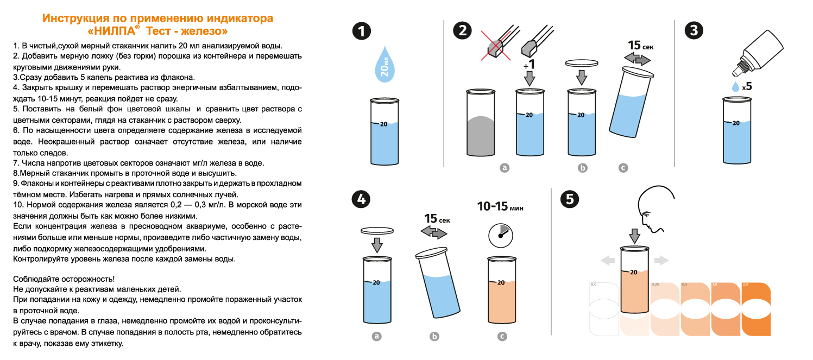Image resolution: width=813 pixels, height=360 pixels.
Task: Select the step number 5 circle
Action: pyautogui.click(x=569, y=199)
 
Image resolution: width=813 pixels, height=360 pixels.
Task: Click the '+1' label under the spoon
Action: pyautogui.click(x=528, y=64)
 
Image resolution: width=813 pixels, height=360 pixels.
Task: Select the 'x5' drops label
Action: pyautogui.click(x=747, y=86)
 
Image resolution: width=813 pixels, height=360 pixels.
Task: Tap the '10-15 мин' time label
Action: pyautogui.click(x=500, y=207)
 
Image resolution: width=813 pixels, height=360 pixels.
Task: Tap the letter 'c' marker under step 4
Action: pyautogui.click(x=502, y=337)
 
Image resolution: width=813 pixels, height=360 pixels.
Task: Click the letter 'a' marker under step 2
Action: pyautogui.click(x=504, y=168)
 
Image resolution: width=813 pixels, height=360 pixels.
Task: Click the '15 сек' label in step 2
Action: pyautogui.click(x=640, y=46)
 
